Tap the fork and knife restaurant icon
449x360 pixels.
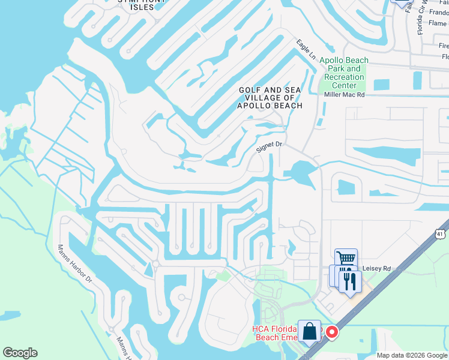pos(351,281)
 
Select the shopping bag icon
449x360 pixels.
pos(309,332)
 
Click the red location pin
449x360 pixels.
pos(331,332)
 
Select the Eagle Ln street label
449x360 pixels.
pos(306,49)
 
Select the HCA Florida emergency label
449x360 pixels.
pos(276,333)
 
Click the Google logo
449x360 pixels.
pos(20,353)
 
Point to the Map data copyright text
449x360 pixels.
pos(412,355)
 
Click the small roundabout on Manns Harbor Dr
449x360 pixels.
pos(155,263)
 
